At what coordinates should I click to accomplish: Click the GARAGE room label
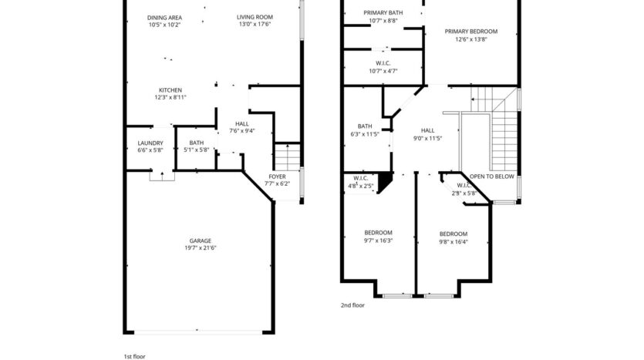pyautogui.click(x=201, y=241)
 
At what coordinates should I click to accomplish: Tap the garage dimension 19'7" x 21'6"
pyautogui.click(x=201, y=248)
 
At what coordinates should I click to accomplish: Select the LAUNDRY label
pyautogui.click(x=150, y=143)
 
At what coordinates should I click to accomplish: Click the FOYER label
pyautogui.click(x=277, y=177)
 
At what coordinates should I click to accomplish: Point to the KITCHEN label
pyautogui.click(x=170, y=90)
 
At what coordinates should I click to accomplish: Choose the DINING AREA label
pyautogui.click(x=164, y=17)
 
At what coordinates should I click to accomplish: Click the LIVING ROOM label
pyautogui.click(x=254, y=17)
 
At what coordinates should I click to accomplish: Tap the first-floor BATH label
pyautogui.click(x=197, y=143)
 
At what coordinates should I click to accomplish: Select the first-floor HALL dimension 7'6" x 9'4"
pyautogui.click(x=242, y=131)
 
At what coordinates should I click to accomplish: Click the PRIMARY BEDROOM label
pyautogui.click(x=471, y=32)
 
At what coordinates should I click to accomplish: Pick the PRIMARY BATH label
pyautogui.click(x=383, y=13)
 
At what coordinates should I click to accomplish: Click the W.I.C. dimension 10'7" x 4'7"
pyautogui.click(x=383, y=71)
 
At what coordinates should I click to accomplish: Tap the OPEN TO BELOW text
pyautogui.click(x=492, y=176)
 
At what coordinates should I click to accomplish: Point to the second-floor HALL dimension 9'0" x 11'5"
pyautogui.click(x=427, y=138)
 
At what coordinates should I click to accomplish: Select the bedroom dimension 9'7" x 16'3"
pyautogui.click(x=378, y=241)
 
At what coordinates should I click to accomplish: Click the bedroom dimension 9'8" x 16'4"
pyautogui.click(x=453, y=241)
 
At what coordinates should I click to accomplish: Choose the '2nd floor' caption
pyautogui.click(x=352, y=305)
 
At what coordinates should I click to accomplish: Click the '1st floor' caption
pyautogui.click(x=135, y=356)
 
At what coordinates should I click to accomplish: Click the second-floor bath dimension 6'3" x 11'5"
pyautogui.click(x=365, y=134)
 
